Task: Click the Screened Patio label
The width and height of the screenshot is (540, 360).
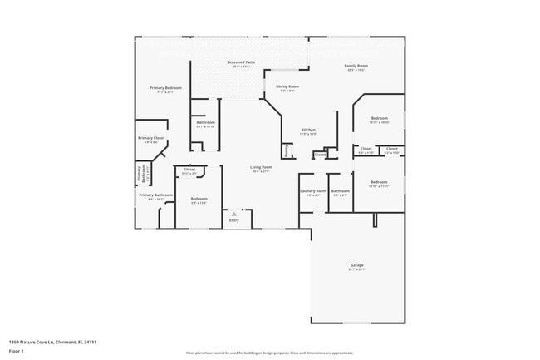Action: tap(240, 62)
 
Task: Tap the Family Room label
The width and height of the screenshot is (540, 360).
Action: tap(356, 65)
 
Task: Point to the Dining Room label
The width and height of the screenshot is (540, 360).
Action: tap(287, 86)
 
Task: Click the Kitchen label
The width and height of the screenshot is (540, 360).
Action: tap(308, 130)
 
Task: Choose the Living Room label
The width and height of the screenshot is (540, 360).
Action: tap(261, 167)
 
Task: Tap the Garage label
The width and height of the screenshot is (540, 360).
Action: tap(356, 265)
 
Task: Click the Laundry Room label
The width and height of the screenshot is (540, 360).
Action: tap(313, 191)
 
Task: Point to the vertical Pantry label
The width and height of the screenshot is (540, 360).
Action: tap(287, 151)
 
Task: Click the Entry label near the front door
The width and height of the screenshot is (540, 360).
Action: tap(234, 219)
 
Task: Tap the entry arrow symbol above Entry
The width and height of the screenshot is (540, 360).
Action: tap(234, 213)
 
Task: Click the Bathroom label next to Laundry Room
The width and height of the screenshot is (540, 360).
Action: tap(341, 191)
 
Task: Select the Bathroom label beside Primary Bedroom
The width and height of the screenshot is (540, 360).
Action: tap(206, 122)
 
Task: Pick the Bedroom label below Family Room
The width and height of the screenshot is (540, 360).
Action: tap(379, 118)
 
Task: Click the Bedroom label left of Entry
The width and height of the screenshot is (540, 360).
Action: tap(199, 198)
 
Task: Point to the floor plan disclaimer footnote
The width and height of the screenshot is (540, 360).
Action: tap(270, 353)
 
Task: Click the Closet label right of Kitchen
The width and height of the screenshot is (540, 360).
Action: tap(320, 155)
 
